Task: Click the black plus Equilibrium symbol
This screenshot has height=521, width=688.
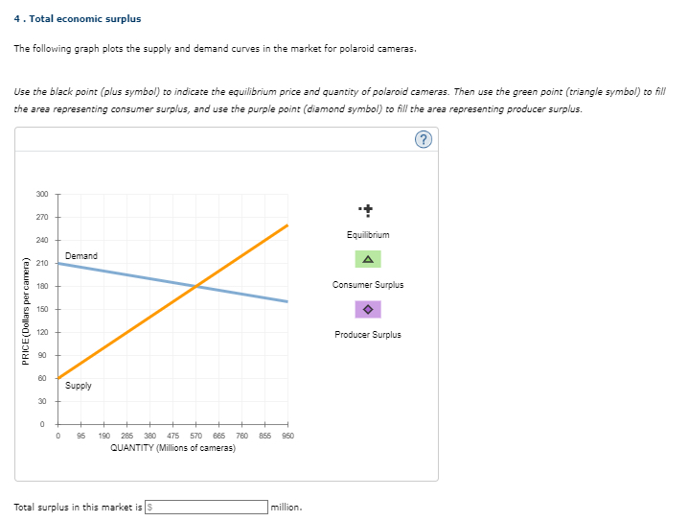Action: [368, 209]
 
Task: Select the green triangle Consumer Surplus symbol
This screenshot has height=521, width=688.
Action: [368, 259]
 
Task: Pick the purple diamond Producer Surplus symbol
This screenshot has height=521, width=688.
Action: [368, 309]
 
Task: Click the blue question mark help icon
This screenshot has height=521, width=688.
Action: [424, 140]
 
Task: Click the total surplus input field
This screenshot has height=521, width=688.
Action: [206, 507]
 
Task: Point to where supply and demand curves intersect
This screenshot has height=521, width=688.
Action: [195, 286]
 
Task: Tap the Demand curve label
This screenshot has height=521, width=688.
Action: [81, 256]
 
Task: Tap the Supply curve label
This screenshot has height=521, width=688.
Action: [79, 386]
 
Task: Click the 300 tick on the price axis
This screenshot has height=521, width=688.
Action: [41, 194]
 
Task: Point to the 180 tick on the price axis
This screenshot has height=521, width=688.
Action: [41, 286]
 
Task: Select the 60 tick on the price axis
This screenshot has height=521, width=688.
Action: [42, 378]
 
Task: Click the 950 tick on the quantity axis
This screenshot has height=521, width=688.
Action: [287, 436]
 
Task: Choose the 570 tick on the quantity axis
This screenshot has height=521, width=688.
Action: [195, 436]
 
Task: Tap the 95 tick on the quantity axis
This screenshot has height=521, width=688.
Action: [81, 436]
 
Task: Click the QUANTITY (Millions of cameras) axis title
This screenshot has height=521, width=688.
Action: [173, 448]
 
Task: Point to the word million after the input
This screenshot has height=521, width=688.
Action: [287, 507]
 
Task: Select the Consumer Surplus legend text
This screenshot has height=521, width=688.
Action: [368, 285]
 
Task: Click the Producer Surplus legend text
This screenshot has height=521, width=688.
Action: [368, 335]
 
